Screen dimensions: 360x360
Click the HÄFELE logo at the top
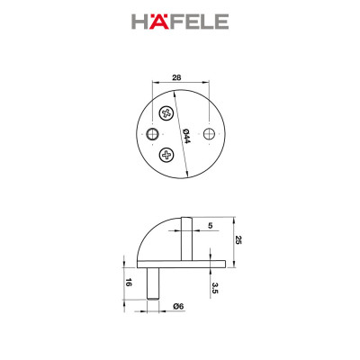[x=180, y=21]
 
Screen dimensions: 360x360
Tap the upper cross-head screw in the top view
[x=166, y=113]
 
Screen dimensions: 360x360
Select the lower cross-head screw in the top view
[x=166, y=155]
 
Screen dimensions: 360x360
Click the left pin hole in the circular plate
[x=149, y=134]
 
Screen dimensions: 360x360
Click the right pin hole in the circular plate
[x=210, y=134]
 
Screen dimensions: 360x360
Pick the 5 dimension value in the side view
[x=210, y=228]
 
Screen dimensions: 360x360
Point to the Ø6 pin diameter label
[x=178, y=306]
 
